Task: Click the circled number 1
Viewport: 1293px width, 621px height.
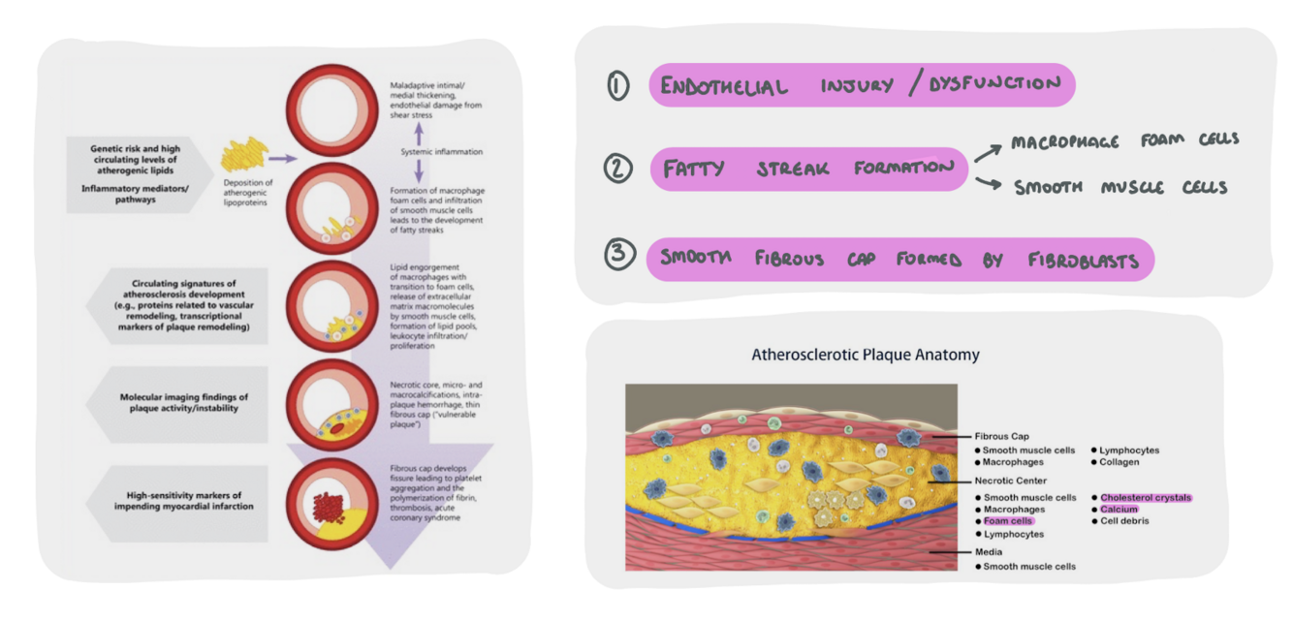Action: pos(617,86)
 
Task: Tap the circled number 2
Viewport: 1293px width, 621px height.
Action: pos(617,169)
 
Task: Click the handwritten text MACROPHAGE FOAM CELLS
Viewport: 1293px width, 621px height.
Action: pos(1124,141)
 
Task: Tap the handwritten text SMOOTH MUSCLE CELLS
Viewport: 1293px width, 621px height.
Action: pos(1120,187)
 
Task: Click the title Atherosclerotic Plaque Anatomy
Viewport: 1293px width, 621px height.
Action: pos(865,355)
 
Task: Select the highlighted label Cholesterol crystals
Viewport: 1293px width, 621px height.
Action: pos(1145,497)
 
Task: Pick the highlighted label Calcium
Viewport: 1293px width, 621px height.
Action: pos(1119,509)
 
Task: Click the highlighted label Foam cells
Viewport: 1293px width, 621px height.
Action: pos(1008,521)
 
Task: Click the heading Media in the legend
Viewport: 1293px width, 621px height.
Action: pos(990,552)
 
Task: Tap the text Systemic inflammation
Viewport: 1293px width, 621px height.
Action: pos(442,152)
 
